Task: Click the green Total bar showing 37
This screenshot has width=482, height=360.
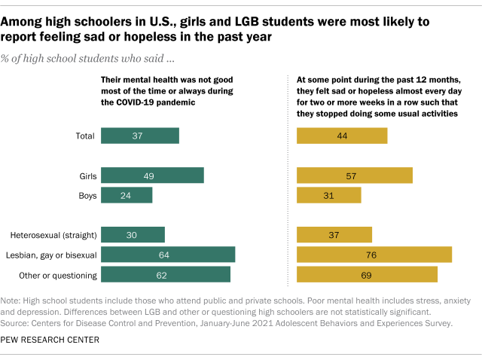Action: click(139, 136)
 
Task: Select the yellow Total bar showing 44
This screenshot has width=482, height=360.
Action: click(342, 136)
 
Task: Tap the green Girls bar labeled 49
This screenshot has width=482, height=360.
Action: click(152, 175)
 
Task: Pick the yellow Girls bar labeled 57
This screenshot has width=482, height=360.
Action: click(355, 175)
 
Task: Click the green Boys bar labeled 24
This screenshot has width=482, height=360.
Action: click(127, 195)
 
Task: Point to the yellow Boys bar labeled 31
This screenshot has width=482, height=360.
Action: click(329, 195)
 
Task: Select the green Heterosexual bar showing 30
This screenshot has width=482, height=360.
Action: click(133, 235)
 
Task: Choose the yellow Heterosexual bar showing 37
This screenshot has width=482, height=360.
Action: click(334, 235)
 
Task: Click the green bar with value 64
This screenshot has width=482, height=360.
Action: click(167, 255)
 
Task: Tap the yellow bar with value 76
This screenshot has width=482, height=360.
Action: click(374, 255)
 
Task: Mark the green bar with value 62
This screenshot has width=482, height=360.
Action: click(166, 275)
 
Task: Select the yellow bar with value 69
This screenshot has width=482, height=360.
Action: click(367, 275)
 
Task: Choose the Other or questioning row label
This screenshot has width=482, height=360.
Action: click(54, 275)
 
